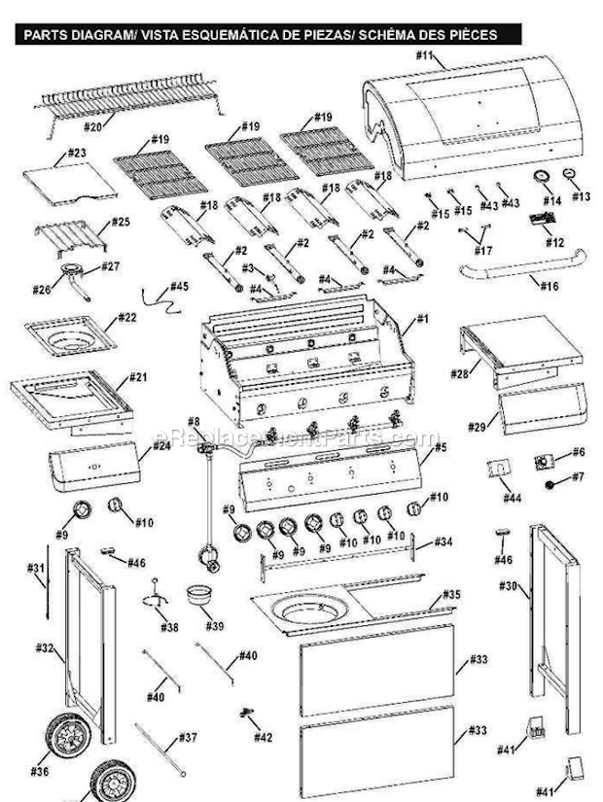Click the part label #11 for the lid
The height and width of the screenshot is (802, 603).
tap(424, 56)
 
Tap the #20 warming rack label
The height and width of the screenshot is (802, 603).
tap(93, 126)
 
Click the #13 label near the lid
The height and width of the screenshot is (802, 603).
tap(581, 196)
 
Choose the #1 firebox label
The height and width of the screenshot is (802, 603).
tap(423, 319)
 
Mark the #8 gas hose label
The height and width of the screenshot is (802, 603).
tap(195, 422)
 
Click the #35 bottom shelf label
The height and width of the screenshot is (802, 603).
tap(451, 594)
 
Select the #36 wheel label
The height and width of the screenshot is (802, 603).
tap(39, 772)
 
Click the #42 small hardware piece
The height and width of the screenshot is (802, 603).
tap(246, 715)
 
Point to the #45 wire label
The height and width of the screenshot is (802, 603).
tap(179, 287)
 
